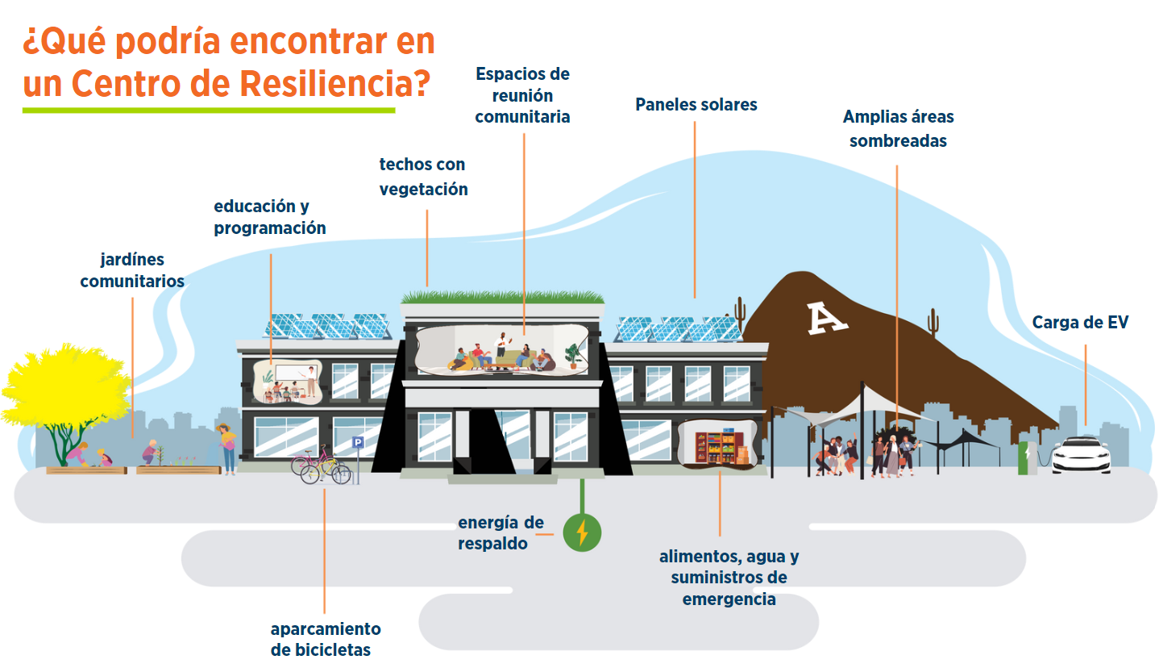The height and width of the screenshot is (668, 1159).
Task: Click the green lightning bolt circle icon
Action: point(582,532)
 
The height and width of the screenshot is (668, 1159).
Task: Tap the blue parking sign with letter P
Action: point(358,442)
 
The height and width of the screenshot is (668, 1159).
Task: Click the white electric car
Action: point(1081,455)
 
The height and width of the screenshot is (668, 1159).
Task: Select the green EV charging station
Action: point(1027,457)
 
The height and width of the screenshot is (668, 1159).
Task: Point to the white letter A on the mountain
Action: point(826,318)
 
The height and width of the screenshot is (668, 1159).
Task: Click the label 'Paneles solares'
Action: point(696,105)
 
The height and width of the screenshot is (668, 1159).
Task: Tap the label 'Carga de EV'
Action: point(1080,322)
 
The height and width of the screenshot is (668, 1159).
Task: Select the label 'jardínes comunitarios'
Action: point(132,270)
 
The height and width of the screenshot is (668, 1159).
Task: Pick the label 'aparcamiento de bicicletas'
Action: point(326,639)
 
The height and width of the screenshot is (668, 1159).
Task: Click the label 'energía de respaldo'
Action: point(501,532)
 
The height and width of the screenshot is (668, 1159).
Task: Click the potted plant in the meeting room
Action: point(572,356)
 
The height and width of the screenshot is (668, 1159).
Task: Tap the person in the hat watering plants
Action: point(226,449)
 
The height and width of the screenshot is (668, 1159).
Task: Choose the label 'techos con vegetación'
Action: point(423,177)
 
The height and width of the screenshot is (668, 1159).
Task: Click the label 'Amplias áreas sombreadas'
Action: point(898,128)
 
